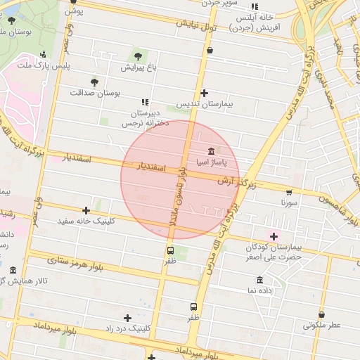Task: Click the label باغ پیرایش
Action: pos(136,68)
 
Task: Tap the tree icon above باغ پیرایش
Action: pos(136,56)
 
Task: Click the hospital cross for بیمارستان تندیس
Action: pos(204,93)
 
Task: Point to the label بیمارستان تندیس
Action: pos(204,104)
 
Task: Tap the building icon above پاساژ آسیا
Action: pos(212,151)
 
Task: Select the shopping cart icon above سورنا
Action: pos(289,192)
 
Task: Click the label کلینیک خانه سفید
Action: pos(86,221)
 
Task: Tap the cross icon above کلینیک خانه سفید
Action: pos(86,210)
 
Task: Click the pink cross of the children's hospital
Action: pos(274,236)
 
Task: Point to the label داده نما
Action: pos(260,290)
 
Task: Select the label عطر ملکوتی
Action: pos(321,326)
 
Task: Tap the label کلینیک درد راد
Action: pos(127,328)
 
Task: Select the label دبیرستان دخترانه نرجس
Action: pos(145,117)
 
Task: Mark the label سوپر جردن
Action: pos(220,4)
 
